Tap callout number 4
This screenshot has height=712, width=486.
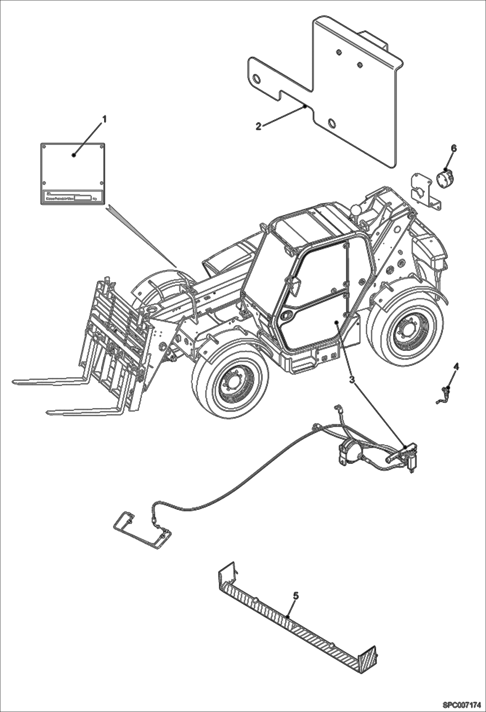[456, 367]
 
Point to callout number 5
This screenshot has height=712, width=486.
[296, 595]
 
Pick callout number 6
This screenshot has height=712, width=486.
[454, 148]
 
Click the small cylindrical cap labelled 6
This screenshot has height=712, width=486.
[444, 179]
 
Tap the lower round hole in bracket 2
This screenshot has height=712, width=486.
[332, 123]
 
